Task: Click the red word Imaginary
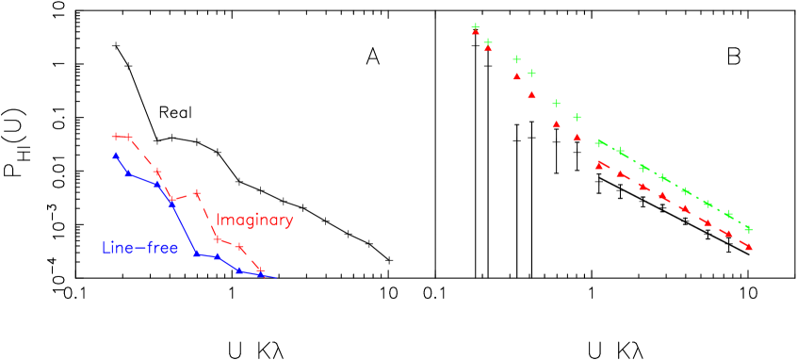point(254,221)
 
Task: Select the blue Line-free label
point(139,249)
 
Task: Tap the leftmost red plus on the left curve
point(116,137)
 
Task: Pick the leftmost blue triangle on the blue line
point(116,155)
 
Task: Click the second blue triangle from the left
point(128,172)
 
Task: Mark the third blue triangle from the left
point(157,185)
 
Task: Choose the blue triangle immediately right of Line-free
point(197,254)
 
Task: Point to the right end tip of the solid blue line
point(277,278)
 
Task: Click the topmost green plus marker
point(476,27)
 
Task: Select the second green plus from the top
point(488,41)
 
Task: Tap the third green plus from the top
point(516,59)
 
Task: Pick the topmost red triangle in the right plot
point(476,33)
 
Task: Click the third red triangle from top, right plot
point(516,76)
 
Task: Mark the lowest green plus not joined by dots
point(577,118)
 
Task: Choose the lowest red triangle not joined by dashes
point(577,138)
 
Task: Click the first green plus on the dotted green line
point(600,143)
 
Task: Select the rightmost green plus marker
point(748,229)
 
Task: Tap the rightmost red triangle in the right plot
point(748,246)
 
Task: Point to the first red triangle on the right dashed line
point(599,165)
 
